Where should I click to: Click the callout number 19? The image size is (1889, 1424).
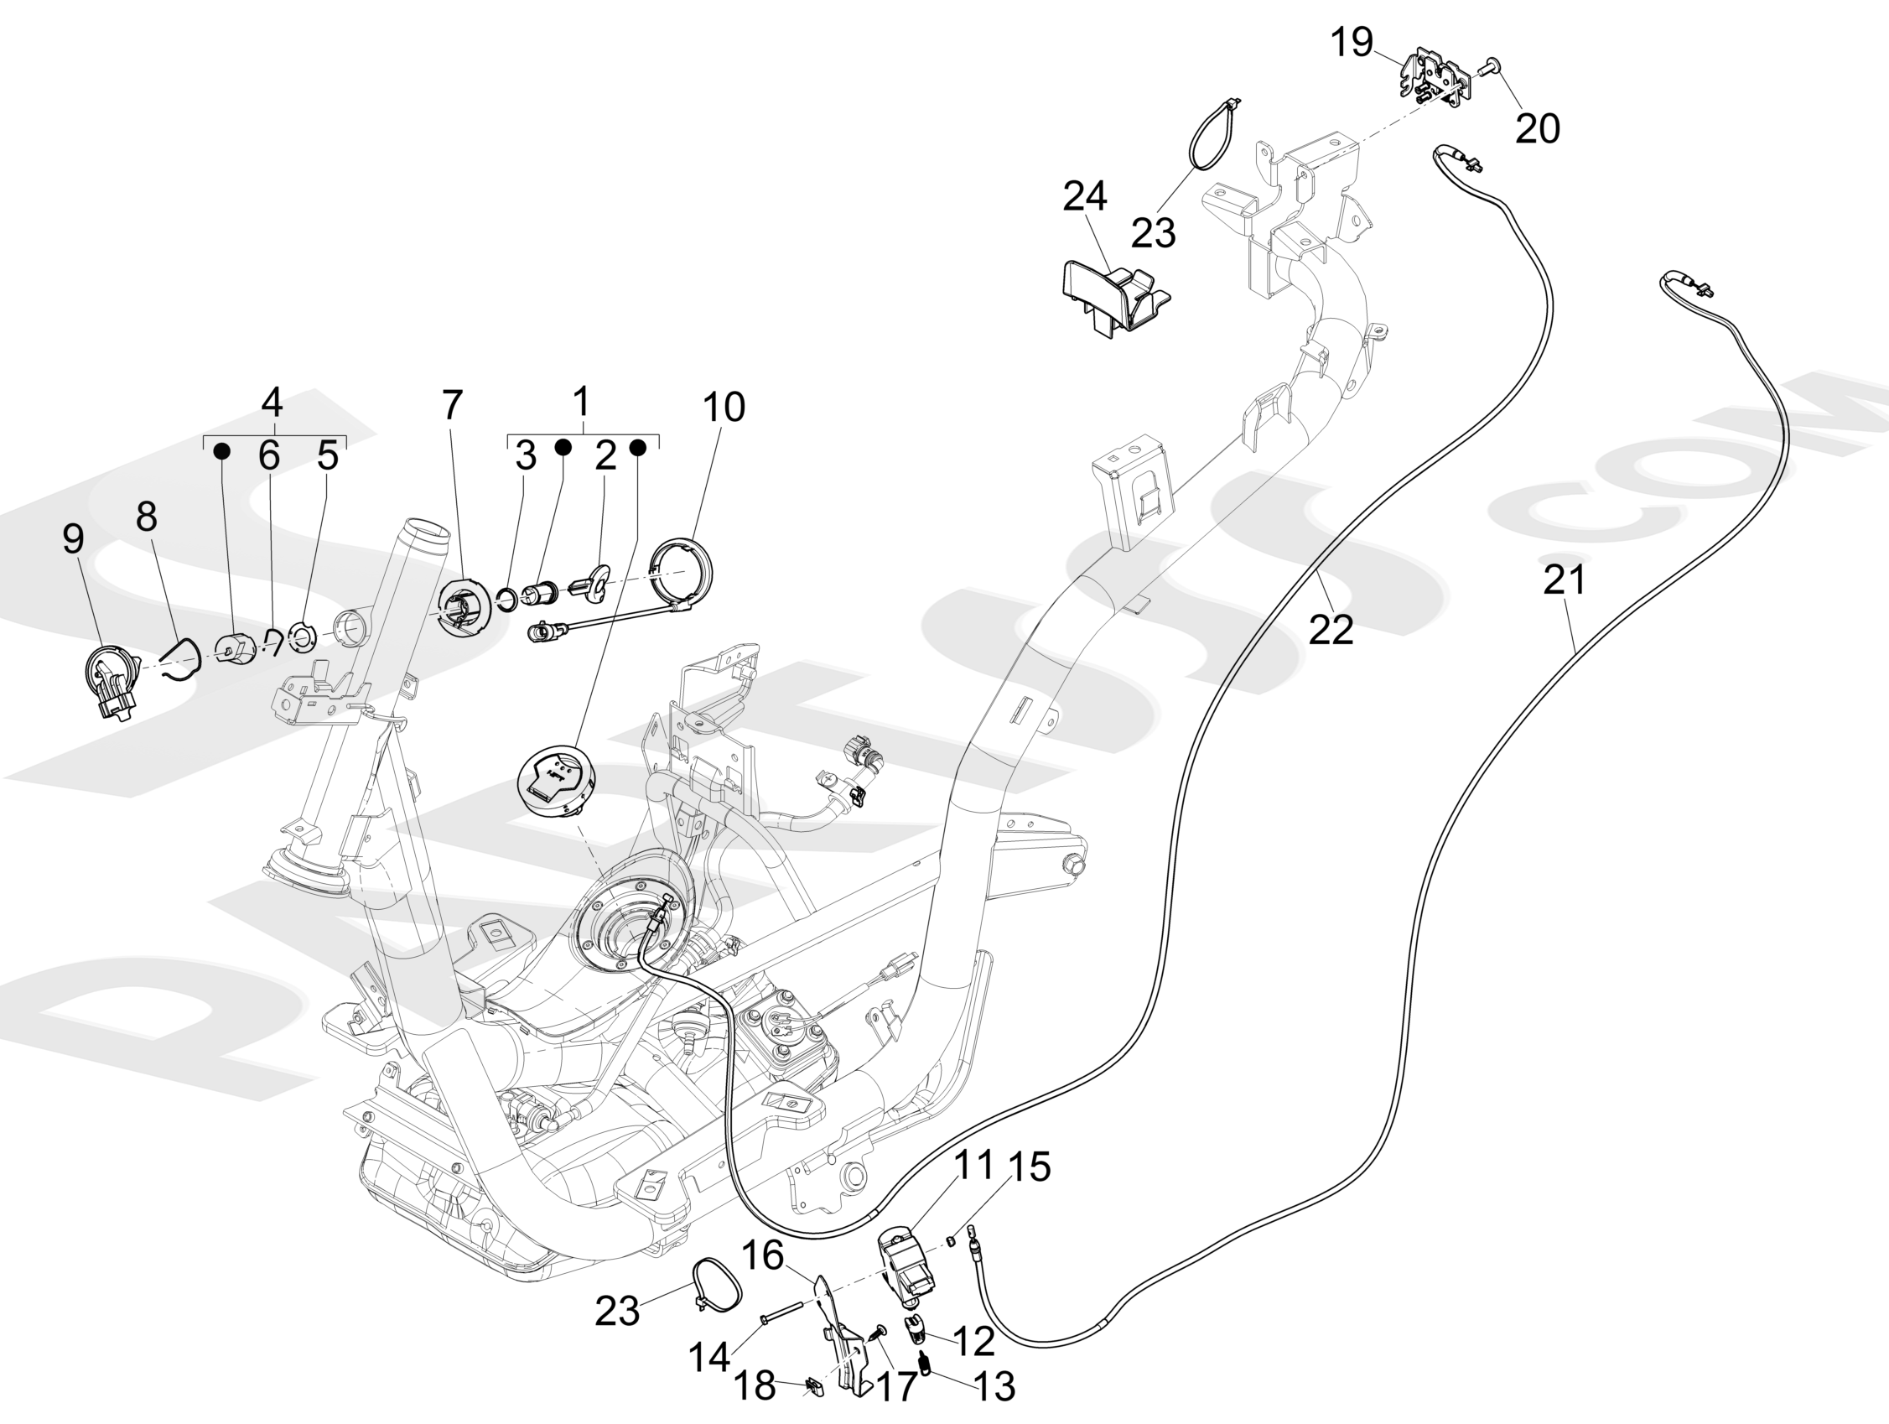click(1352, 42)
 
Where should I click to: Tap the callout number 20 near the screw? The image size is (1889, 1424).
click(1537, 128)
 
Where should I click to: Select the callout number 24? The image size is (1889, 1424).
click(1085, 196)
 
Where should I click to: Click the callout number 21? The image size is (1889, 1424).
click(1565, 580)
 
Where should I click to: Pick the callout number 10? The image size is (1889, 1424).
click(724, 408)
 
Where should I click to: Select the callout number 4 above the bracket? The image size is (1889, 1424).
click(272, 401)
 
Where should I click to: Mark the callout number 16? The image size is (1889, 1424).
click(762, 1255)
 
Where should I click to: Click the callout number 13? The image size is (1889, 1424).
click(995, 1386)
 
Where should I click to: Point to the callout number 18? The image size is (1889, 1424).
click(754, 1385)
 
